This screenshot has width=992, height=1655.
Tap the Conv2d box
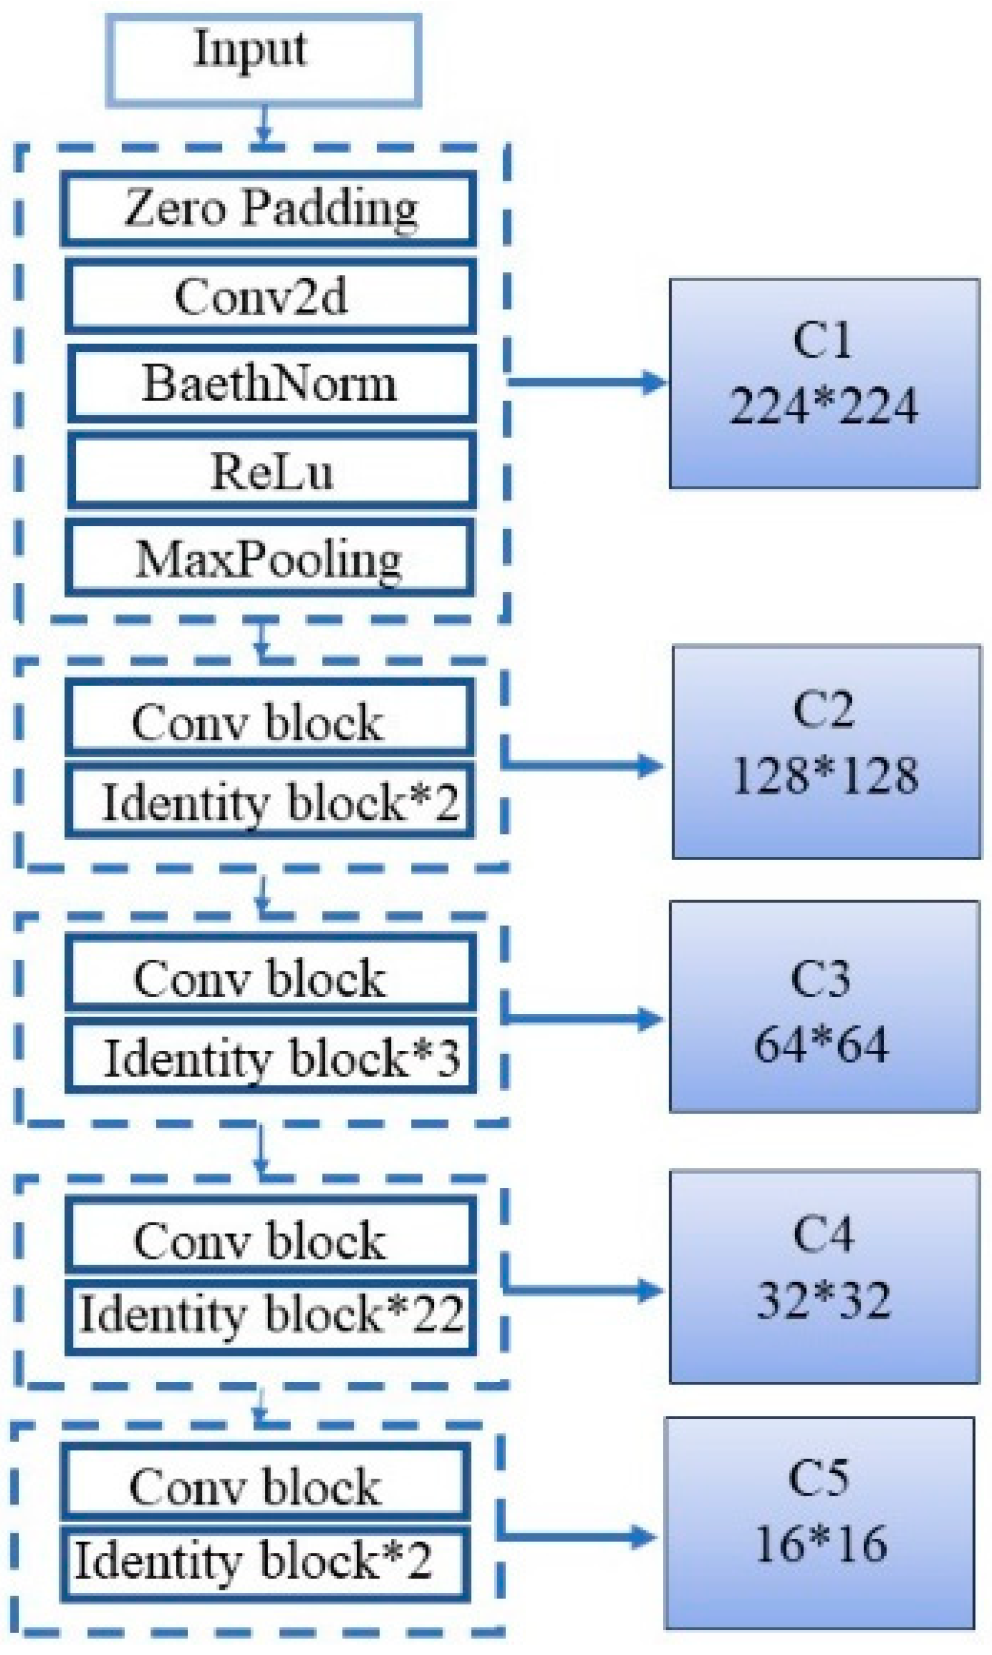pos(270,296)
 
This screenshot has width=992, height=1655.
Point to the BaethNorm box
pos(271,383)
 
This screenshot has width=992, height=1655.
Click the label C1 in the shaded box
pos(822,341)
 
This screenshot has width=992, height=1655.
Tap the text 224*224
pos(824,406)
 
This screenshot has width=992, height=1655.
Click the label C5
pos(818,1478)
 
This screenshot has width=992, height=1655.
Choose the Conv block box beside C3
pos(270,977)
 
